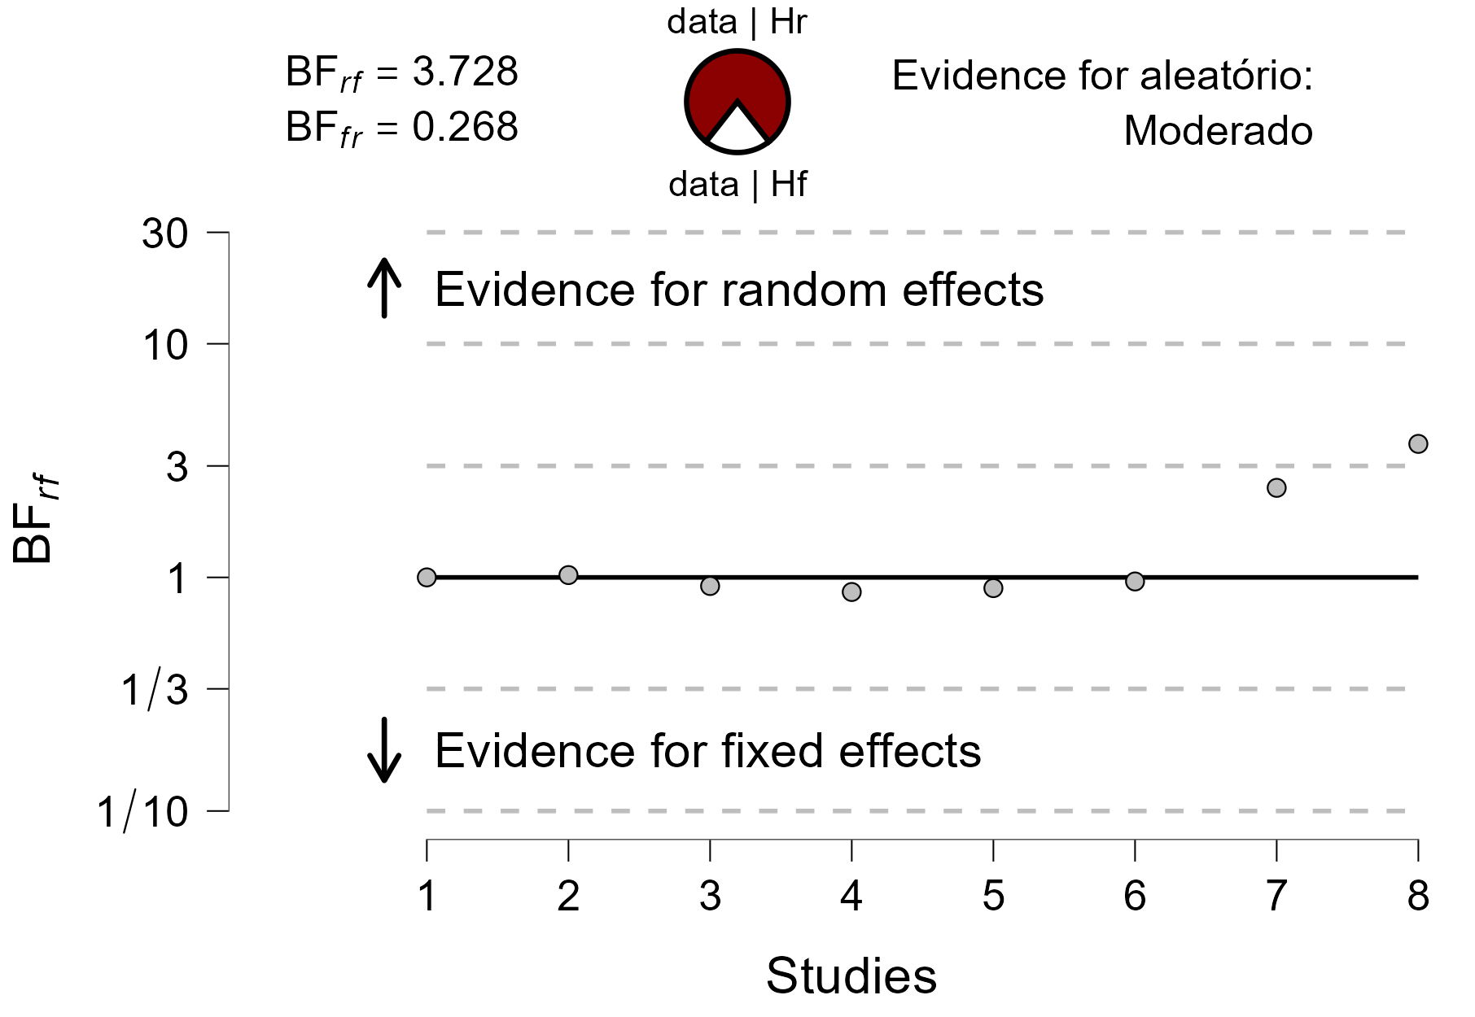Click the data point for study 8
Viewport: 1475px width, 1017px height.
coord(1418,443)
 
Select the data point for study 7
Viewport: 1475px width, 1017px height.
coord(1276,487)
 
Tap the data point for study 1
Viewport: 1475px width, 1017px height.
coord(427,577)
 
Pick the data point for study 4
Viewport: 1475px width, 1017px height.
coord(851,591)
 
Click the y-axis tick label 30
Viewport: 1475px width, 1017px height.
coord(165,234)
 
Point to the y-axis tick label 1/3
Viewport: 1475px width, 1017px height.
coord(155,691)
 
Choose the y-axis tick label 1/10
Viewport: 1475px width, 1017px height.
coord(143,813)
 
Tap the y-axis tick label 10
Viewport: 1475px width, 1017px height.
coord(165,346)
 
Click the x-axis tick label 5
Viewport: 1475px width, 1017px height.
coord(993,897)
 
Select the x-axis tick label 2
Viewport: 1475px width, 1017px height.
coord(568,897)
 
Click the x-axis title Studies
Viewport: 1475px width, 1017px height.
coord(851,976)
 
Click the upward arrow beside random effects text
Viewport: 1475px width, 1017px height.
coord(384,288)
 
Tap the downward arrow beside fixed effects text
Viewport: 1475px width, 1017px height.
coord(384,749)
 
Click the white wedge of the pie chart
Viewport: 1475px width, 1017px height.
coord(737,132)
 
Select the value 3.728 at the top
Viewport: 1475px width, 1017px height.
coord(465,72)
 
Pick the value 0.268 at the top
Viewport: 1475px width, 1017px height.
coord(465,127)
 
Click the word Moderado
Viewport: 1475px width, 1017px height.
coord(1218,131)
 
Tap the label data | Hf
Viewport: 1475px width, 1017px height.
coord(737,185)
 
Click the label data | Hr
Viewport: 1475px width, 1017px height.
coord(737,22)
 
